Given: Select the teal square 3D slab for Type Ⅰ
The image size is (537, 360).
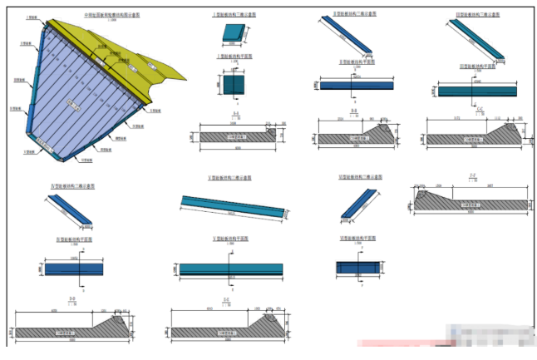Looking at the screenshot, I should coord(233,34).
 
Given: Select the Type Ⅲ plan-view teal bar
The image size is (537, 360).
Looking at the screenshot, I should coord(473,88).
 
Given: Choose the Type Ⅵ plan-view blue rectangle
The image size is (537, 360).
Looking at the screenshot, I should coord(357,268).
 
